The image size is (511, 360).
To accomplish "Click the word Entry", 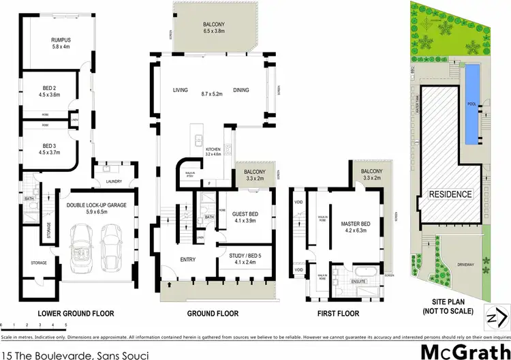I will (x=187, y=260).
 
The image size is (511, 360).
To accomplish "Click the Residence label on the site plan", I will (x=450, y=194).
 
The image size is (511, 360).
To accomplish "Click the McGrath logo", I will (x=464, y=335).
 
